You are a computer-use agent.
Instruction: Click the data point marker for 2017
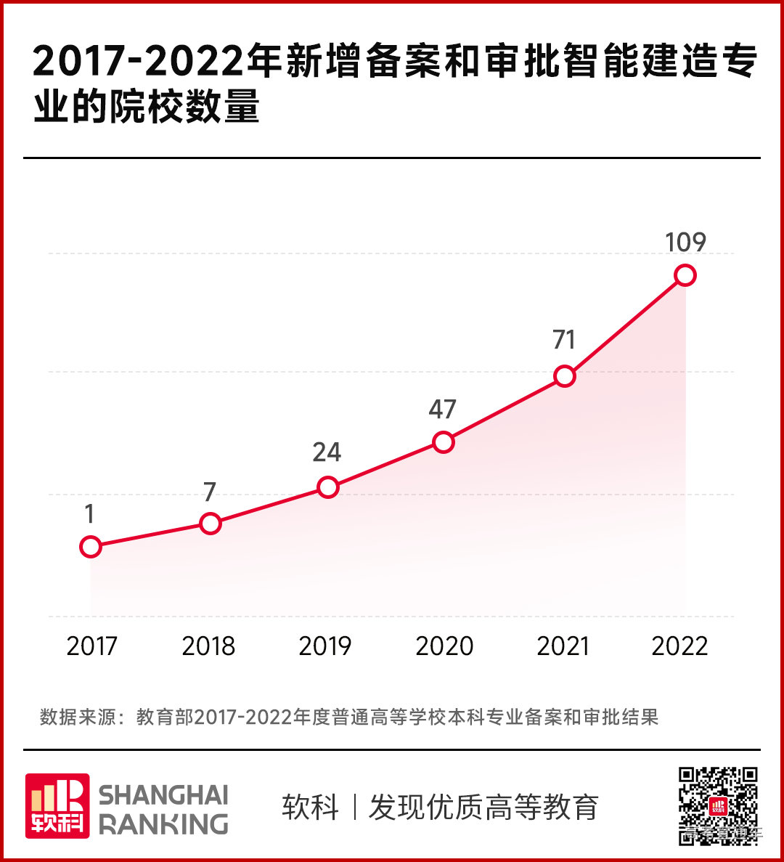tap(90, 546)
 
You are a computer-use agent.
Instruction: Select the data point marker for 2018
tap(210, 523)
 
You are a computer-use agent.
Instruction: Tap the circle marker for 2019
tap(328, 487)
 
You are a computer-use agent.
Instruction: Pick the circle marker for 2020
tap(444, 442)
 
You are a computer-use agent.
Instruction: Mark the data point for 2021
tap(564, 375)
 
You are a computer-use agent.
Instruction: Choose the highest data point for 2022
tap(685, 275)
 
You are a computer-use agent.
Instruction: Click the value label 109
tap(685, 242)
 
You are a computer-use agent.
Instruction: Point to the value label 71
tap(564, 340)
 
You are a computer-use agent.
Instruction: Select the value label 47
tap(442, 410)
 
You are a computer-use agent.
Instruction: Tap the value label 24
tap(327, 452)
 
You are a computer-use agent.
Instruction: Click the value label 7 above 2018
tap(210, 492)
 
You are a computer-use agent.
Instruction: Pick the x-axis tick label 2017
tap(91, 646)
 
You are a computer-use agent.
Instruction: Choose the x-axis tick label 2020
tap(444, 646)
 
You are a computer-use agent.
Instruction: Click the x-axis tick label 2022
tap(679, 646)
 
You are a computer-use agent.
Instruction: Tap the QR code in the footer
tap(718, 805)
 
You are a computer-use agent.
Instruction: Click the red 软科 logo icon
tap(57, 805)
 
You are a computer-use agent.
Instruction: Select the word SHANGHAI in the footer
tap(163, 794)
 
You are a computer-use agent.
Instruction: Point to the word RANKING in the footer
tap(163, 824)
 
